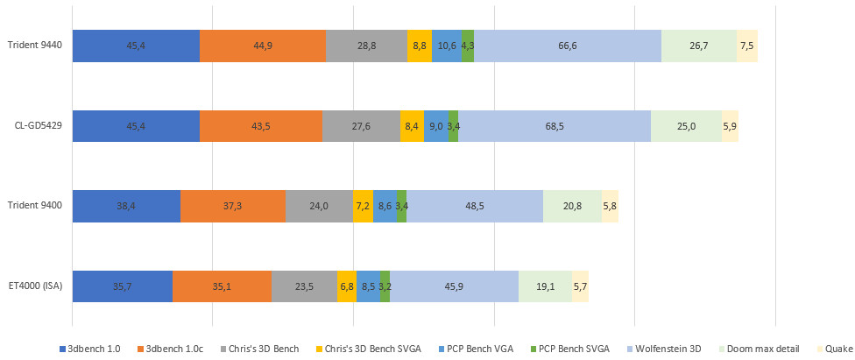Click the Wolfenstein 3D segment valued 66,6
pos(567,46)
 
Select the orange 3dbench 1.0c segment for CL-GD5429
pos(261,126)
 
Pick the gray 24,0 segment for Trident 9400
pos(319,206)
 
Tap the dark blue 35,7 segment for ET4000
pos(122,286)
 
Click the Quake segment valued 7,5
pos(747,46)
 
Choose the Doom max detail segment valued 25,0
pos(686,126)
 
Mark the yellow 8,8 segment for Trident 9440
pos(419,46)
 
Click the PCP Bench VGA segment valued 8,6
pos(385,206)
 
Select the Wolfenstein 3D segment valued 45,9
pos(454,286)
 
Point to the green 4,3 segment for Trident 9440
pos(468,46)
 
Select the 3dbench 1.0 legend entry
pos(94,349)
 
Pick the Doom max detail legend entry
pos(762,349)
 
